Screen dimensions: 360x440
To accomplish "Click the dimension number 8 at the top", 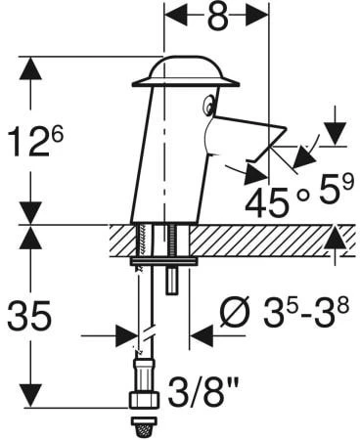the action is coord(217,16).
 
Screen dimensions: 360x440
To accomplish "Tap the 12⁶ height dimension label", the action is coord(35,141).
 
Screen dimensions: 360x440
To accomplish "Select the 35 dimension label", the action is coord(29,315).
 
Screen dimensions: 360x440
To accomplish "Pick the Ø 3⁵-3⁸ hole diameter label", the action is coord(285,311).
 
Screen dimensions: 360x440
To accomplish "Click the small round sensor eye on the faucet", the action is coord(208,105).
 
